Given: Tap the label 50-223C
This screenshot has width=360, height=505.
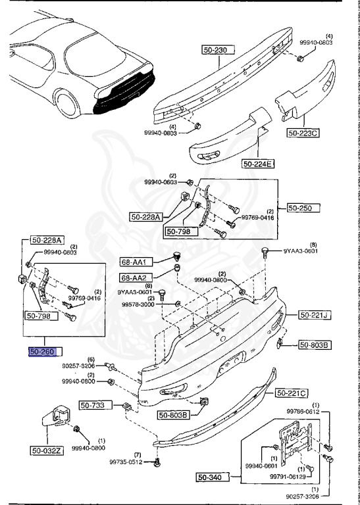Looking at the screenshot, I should point(302,133).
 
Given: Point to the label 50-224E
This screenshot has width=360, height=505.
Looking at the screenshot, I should point(259,164).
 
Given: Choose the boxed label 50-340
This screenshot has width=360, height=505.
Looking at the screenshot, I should point(213,477).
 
